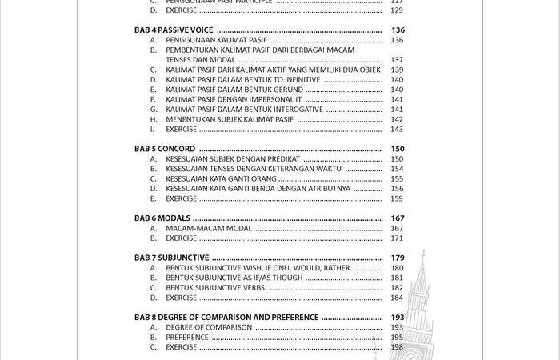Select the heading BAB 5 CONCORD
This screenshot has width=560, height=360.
(x=165, y=149)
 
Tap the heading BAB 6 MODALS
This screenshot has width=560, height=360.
(x=163, y=218)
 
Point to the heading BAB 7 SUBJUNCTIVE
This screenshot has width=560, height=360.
(x=171, y=258)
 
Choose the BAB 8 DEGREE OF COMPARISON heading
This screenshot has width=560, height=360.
(x=226, y=318)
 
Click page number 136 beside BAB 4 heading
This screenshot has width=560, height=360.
(x=398, y=30)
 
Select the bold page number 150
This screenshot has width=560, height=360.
(x=398, y=149)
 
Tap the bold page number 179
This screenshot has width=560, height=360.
(x=398, y=258)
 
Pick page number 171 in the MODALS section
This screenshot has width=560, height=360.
(x=398, y=238)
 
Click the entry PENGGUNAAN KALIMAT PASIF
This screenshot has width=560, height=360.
(x=216, y=40)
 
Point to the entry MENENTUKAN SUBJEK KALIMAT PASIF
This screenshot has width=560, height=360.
(x=230, y=119)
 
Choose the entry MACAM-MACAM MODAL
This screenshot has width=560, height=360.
(x=209, y=228)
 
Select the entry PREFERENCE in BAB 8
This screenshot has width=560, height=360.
(x=187, y=338)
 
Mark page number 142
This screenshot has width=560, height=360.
(x=398, y=119)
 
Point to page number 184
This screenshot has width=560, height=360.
(x=398, y=298)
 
